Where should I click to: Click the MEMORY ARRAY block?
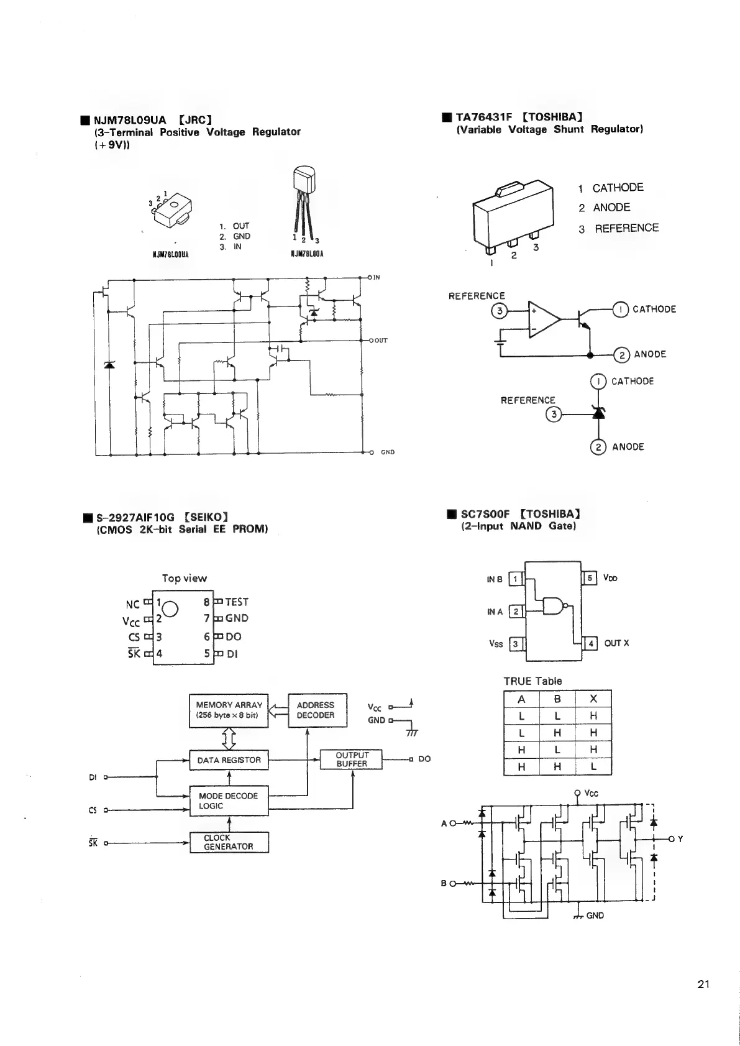click(x=229, y=710)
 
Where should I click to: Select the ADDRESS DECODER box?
click(x=316, y=710)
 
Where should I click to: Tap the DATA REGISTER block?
click(x=229, y=760)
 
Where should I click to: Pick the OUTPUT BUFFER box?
click(x=351, y=759)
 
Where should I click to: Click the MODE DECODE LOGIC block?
click(x=229, y=801)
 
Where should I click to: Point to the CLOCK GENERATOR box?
click(x=229, y=842)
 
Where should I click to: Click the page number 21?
click(x=703, y=984)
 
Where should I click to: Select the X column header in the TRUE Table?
click(x=593, y=699)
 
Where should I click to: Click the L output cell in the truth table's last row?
click(x=593, y=767)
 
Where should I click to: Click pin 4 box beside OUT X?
click(x=590, y=643)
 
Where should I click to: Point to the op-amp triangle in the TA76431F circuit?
click(x=543, y=319)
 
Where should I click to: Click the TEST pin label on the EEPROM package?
click(x=237, y=602)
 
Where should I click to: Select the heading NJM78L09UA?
click(x=129, y=120)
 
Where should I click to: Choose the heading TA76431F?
click(x=485, y=116)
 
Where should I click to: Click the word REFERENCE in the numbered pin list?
click(x=626, y=228)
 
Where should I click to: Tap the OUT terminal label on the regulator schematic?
click(x=380, y=341)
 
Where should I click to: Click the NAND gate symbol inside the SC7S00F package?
click(x=553, y=605)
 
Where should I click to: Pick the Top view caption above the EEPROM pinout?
click(x=185, y=578)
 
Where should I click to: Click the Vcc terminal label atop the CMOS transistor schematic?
click(x=592, y=793)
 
